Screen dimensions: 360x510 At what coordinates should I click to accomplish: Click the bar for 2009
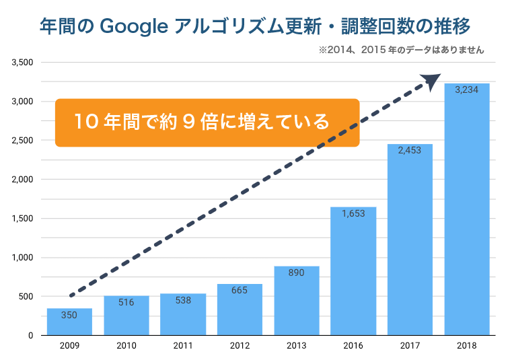tap(69, 322)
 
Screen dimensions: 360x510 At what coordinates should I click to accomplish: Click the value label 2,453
tap(410, 151)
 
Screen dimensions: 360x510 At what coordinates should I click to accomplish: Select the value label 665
tap(240, 291)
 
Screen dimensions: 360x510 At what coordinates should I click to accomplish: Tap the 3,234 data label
tap(466, 89)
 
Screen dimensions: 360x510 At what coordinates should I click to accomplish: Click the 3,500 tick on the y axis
tap(23, 63)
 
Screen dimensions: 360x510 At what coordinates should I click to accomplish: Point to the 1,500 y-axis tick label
tap(23, 219)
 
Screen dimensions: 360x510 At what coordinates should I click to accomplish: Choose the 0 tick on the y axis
tap(31, 335)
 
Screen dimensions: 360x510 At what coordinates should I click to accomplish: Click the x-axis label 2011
tap(182, 346)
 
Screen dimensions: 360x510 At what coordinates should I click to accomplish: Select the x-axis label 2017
tap(410, 346)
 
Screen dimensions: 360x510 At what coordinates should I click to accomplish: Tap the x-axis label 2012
tap(240, 346)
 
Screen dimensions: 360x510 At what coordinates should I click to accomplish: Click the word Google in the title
tap(134, 27)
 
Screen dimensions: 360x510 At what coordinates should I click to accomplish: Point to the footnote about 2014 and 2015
tap(401, 50)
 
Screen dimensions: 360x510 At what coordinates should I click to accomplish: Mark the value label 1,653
tap(353, 213)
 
